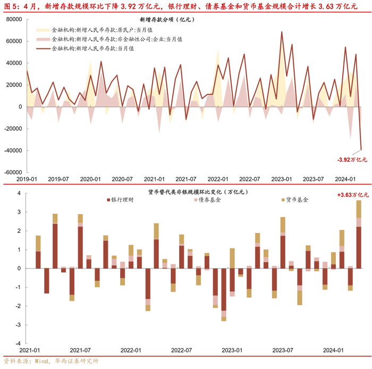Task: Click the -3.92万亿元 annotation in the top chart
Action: pyautogui.click(x=352, y=159)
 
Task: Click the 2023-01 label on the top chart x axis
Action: pyautogui.click(x=281, y=180)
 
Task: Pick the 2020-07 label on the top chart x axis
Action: pyautogui.click(x=122, y=180)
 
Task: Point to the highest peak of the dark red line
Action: pyautogui.click(x=282, y=32)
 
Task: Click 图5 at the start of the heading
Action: pyautogui.click(x=11, y=6)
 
